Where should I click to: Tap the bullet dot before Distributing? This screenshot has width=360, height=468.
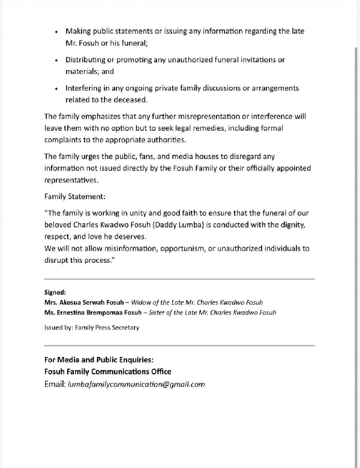[x=56, y=61]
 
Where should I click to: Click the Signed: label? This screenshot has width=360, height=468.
[x=56, y=292]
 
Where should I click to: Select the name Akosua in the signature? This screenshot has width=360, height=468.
[x=76, y=302]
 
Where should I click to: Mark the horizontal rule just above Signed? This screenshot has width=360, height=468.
[x=179, y=279]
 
